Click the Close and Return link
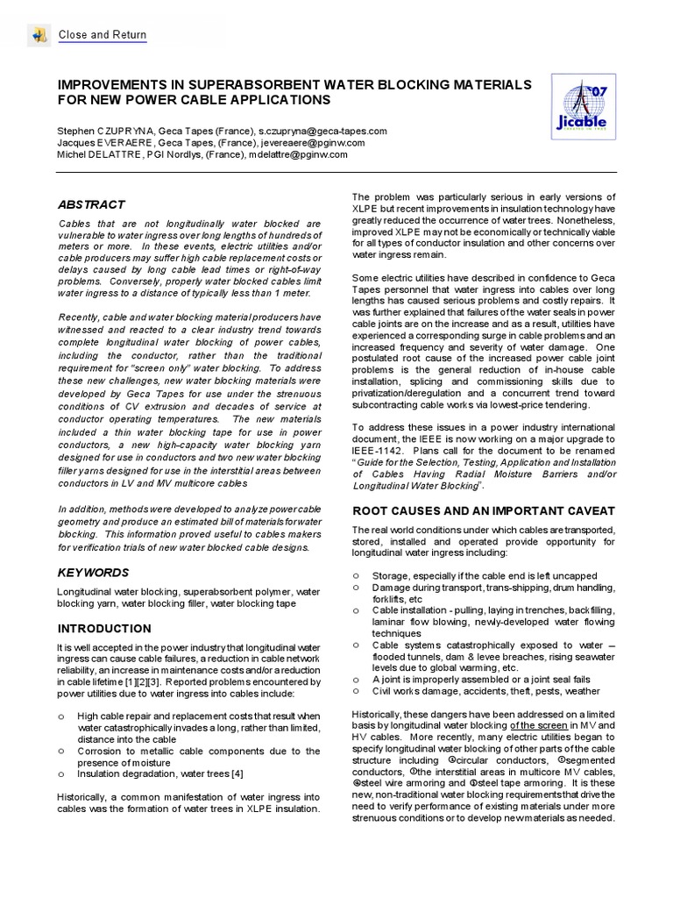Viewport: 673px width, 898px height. [102, 35]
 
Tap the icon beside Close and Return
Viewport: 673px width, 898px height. [39, 35]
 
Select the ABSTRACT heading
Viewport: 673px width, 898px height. [91, 204]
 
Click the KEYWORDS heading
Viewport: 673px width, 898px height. [94, 573]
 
